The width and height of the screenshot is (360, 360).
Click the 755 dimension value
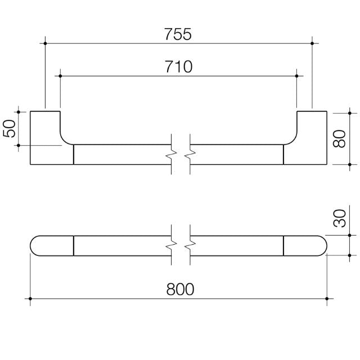click(179, 34)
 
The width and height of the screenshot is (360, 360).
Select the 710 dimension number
click(179, 67)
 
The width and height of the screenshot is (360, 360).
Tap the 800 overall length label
click(180, 289)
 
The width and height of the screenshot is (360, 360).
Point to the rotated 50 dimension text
click(10, 128)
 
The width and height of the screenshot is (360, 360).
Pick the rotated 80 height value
click(339, 138)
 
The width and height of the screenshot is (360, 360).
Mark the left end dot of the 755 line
click(45, 43)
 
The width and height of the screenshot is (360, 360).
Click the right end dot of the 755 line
click(312, 43)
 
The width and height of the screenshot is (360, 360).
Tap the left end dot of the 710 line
click(60, 75)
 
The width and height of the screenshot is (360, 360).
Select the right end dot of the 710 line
click(297, 75)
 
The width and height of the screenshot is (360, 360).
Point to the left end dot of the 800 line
click(30, 298)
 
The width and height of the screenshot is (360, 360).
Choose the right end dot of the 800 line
click(326, 298)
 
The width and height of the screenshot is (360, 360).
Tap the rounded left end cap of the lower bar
click(51, 245)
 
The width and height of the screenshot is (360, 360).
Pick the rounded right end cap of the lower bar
click(305, 245)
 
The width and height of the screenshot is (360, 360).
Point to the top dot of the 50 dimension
click(19, 111)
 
